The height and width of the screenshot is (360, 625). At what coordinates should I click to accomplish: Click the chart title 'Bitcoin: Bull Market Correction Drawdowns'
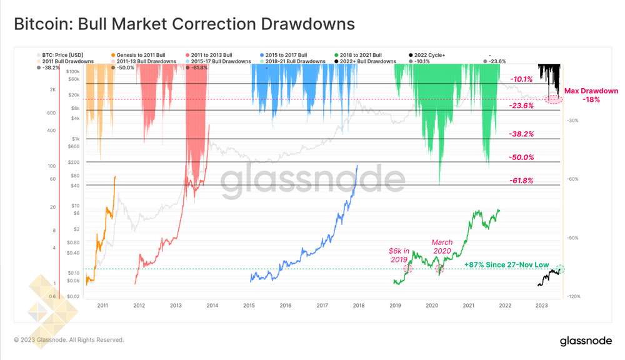[184, 24]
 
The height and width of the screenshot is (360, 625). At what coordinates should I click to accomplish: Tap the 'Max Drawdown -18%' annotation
[591, 95]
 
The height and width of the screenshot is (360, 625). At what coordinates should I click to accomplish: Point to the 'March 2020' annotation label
[442, 247]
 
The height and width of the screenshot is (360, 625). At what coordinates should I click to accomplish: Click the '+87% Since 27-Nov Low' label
[506, 265]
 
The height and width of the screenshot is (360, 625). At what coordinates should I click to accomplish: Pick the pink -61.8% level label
[521, 181]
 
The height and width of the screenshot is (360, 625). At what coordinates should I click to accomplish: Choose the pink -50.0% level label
[521, 157]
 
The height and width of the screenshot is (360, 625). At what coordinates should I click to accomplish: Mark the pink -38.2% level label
[521, 134]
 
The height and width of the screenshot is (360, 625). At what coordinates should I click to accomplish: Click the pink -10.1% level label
[521, 79]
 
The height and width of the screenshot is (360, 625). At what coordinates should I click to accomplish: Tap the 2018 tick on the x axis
[359, 306]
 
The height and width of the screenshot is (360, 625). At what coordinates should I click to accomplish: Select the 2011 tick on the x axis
[103, 306]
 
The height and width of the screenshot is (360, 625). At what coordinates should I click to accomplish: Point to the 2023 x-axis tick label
[541, 306]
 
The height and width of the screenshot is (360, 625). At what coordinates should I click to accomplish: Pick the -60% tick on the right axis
[572, 179]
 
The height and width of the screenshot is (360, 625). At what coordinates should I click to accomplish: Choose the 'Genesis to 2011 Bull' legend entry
[139, 55]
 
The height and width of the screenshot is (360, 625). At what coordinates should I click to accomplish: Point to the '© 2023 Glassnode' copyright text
[69, 340]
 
